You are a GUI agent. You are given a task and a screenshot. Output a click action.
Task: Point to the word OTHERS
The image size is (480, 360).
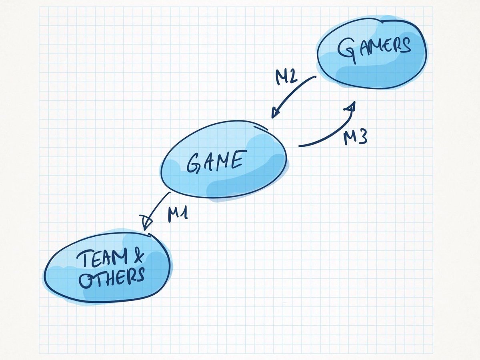click(112, 277)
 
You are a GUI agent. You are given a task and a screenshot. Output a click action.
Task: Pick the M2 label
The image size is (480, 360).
click(286, 77)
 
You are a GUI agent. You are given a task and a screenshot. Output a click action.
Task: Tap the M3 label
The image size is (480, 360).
click(355, 137)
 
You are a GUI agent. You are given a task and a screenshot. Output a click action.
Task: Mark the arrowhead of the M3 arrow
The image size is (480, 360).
click(350, 106)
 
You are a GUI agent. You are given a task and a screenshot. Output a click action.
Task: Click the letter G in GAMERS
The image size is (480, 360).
click(348, 51)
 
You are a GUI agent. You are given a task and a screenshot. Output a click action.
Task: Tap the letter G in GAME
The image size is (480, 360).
click(194, 164)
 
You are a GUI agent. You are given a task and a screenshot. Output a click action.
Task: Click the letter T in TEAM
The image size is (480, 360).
click(83, 259)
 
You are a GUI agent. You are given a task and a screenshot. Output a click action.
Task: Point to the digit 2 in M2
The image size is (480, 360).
click(293, 77)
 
